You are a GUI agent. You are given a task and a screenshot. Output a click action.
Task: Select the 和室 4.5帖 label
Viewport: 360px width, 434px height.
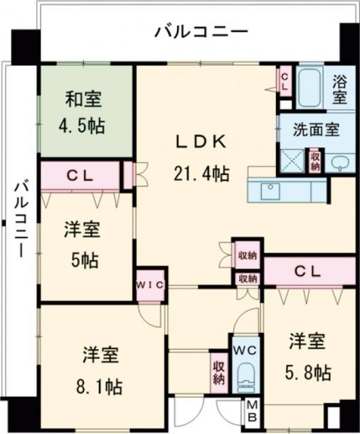[x=84, y=112]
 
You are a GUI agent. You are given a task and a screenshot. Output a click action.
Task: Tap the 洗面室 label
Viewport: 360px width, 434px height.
[x=316, y=130]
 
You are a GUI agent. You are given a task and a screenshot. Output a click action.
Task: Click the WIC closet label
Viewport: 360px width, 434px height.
[x=150, y=285]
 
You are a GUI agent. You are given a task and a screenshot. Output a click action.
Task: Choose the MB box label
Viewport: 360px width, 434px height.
[x=252, y=411]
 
